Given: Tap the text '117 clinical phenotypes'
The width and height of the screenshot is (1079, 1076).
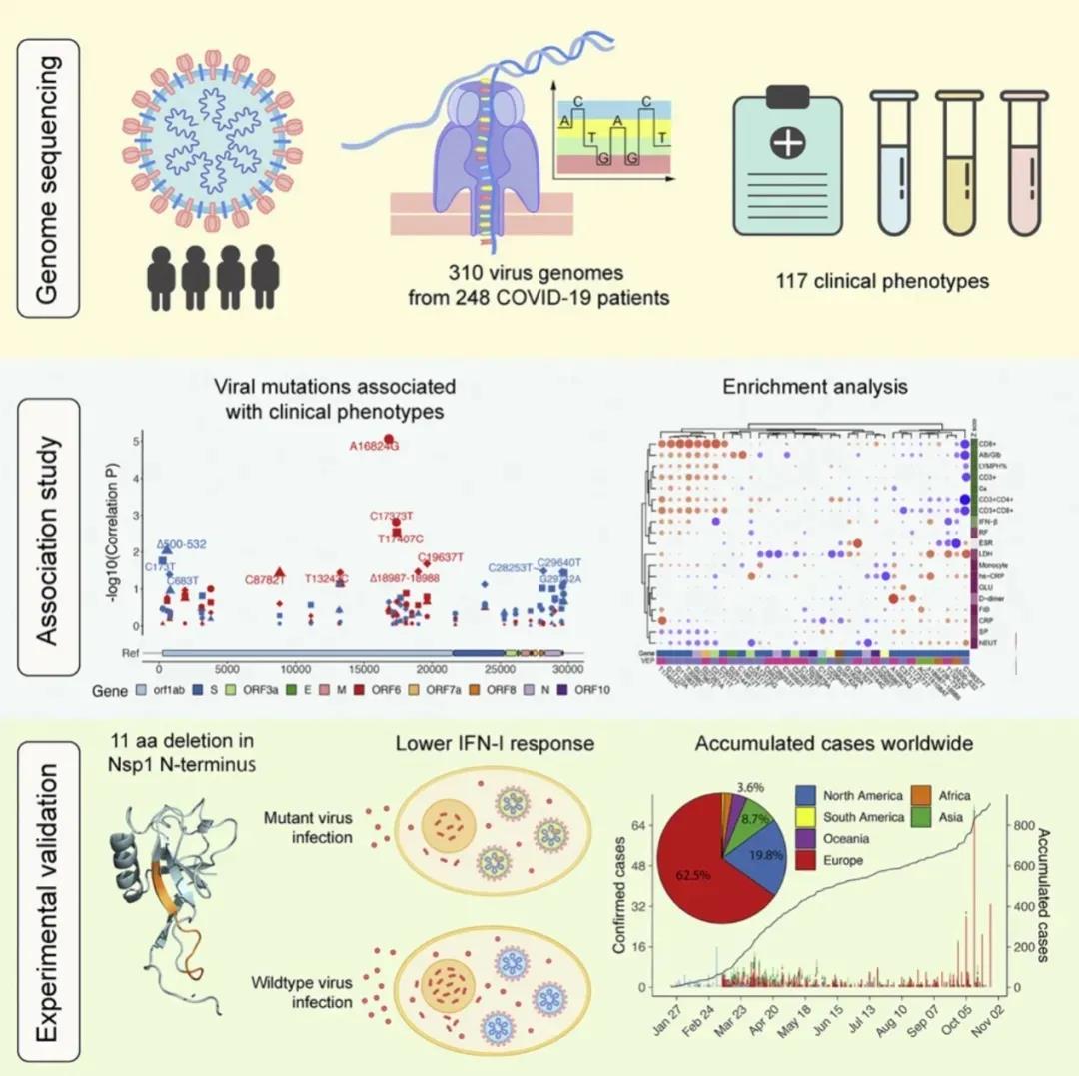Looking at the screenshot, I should pos(882,281).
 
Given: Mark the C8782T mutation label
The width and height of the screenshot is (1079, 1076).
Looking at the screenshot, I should pos(264,579).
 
